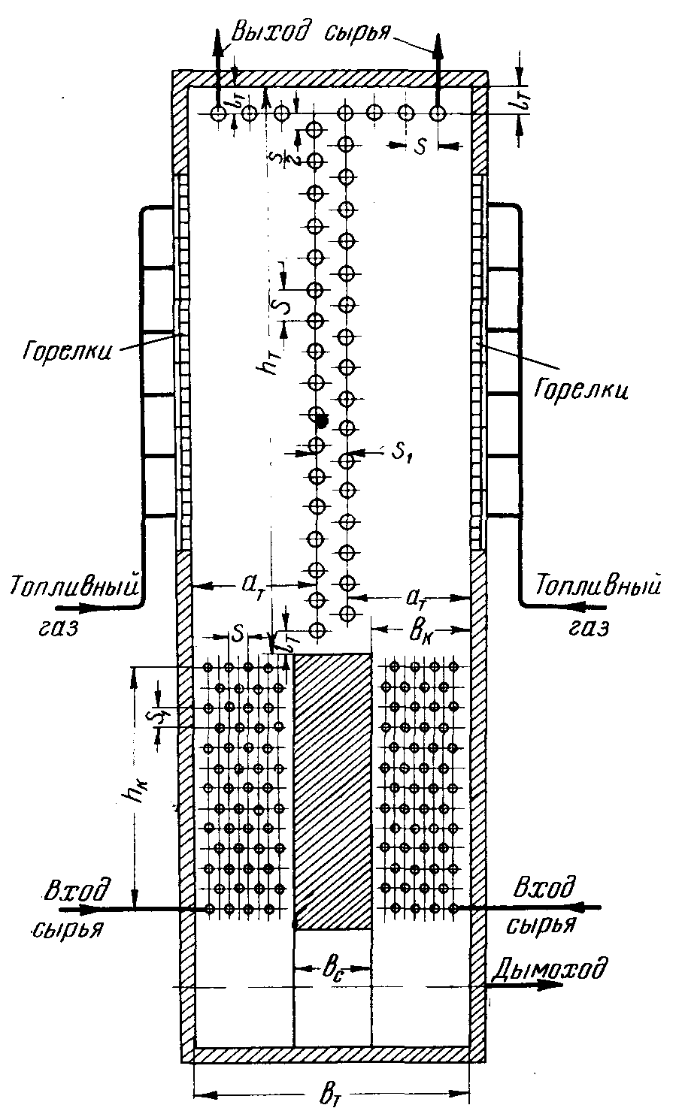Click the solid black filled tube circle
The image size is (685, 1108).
click(x=322, y=421)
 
